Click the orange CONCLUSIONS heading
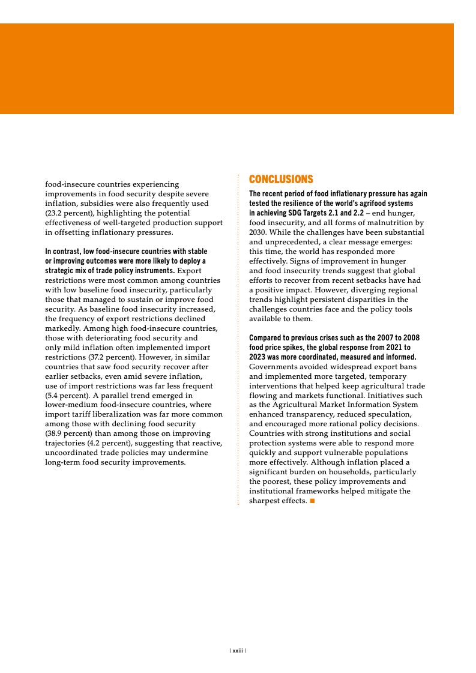(281, 180)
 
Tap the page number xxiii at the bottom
(238, 650)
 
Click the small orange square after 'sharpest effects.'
(312, 501)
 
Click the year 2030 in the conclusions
(259, 232)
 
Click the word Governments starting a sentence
(273, 366)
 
